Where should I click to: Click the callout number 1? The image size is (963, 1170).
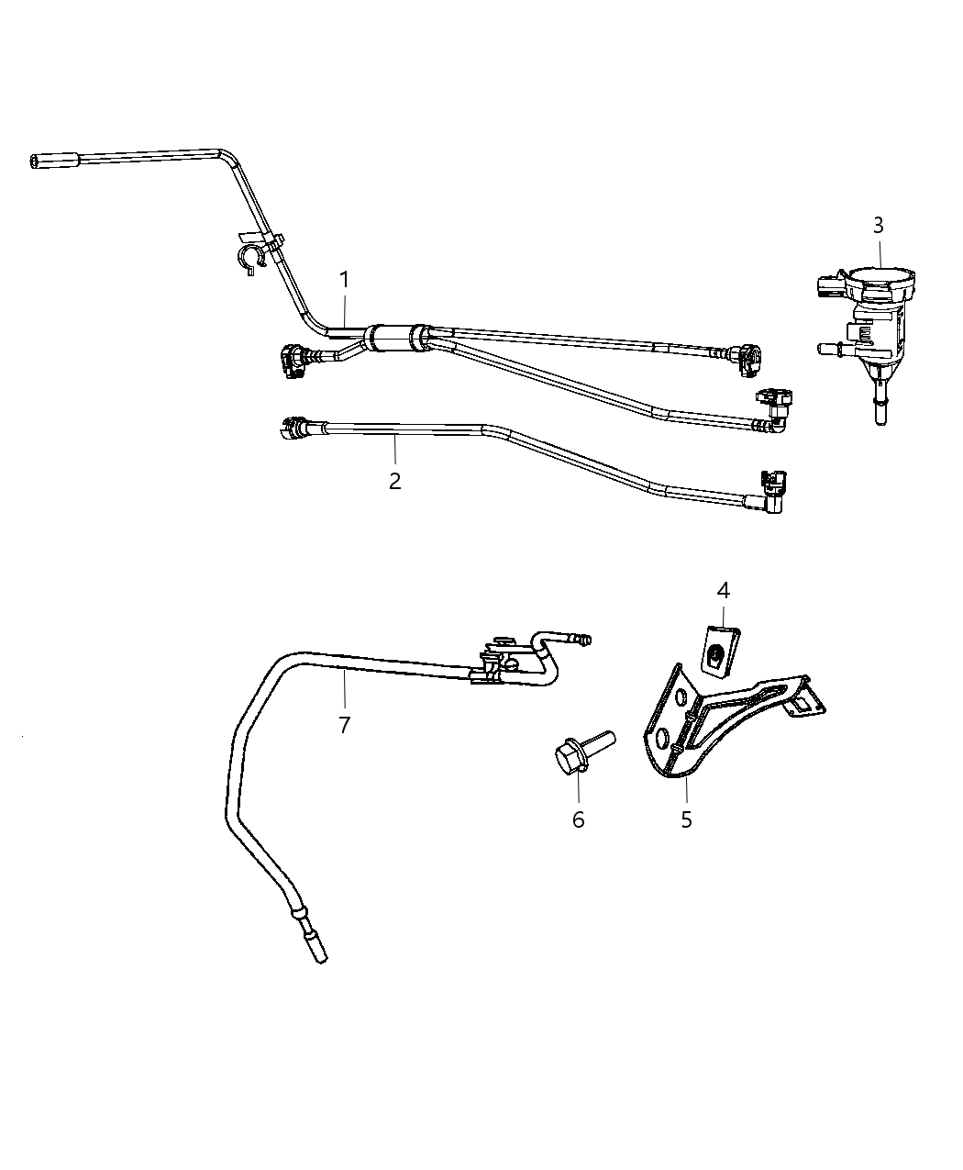point(345,279)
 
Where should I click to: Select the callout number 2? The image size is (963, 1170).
point(394,480)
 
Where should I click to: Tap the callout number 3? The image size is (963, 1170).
point(878,225)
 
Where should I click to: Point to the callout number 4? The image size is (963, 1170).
point(723,591)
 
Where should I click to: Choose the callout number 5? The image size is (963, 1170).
point(687,819)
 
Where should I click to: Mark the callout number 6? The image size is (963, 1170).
point(578,819)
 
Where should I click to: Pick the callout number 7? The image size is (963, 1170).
point(344,725)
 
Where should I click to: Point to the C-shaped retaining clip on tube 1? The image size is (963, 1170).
point(249,258)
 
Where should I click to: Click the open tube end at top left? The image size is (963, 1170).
point(37,162)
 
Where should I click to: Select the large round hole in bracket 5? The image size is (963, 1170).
point(662,739)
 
